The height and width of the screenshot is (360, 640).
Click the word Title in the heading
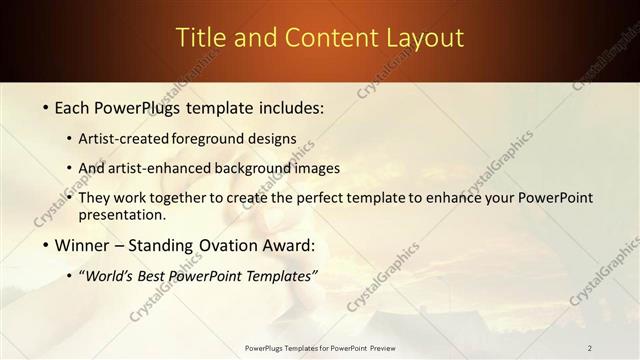(198, 38)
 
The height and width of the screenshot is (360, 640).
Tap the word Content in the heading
(321, 38)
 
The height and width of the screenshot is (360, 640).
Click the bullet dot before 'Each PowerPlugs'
(46, 107)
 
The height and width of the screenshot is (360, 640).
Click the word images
(319, 168)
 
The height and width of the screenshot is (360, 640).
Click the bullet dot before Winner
(46, 244)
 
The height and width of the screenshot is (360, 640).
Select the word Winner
(82, 244)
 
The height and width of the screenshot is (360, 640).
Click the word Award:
(284, 244)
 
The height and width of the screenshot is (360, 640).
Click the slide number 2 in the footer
(589, 348)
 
